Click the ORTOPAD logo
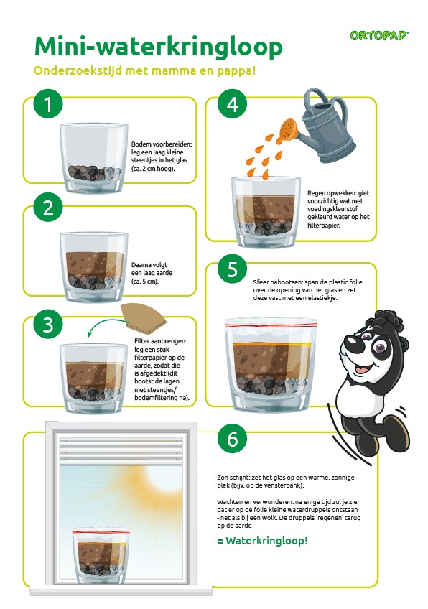tap(379, 36)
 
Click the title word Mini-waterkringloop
tap(158, 47)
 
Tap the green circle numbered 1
tap(48, 103)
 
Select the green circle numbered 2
tap(48, 208)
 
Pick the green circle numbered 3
tap(48, 325)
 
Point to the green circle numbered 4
tap(232, 103)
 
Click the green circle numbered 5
tap(232, 269)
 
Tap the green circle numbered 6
tap(232, 439)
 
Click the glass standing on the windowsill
tap(101, 556)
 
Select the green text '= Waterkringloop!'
tap(262, 541)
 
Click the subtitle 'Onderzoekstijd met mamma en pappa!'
tap(144, 71)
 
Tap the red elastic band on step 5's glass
tap(271, 322)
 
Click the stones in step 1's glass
tap(93, 172)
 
